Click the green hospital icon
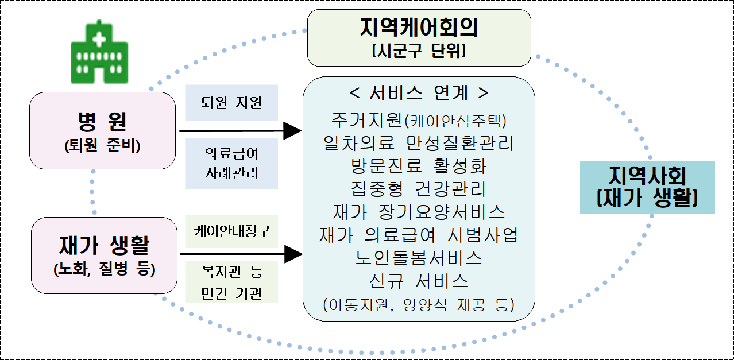point(99,52)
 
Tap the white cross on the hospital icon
point(99,39)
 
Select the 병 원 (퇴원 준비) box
point(103,131)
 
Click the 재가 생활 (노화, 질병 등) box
point(104,256)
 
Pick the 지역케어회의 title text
point(419,27)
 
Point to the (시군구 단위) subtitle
point(419,51)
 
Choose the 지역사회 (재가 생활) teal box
point(647,187)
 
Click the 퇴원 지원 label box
point(231,103)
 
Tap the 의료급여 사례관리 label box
point(231,164)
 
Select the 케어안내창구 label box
point(231,231)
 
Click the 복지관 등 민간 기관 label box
point(231,282)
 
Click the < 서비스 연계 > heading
point(419,92)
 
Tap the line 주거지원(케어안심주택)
point(419,120)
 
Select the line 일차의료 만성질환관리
point(419,143)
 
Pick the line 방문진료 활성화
point(419,166)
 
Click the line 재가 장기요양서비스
point(419,212)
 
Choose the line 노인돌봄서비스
point(419,258)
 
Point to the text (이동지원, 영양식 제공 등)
point(419,305)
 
